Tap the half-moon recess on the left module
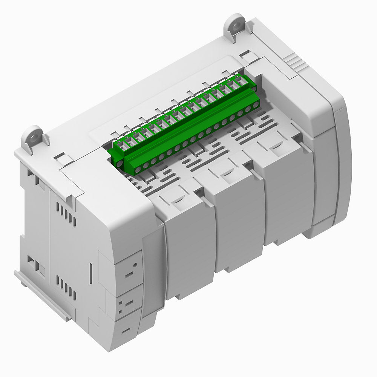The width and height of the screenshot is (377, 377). (x=177, y=200)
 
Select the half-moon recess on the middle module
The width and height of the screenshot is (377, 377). (x=225, y=173)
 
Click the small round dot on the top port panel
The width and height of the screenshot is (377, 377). (x=135, y=265)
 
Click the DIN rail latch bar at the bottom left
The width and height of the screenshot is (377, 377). (x=41, y=296)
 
